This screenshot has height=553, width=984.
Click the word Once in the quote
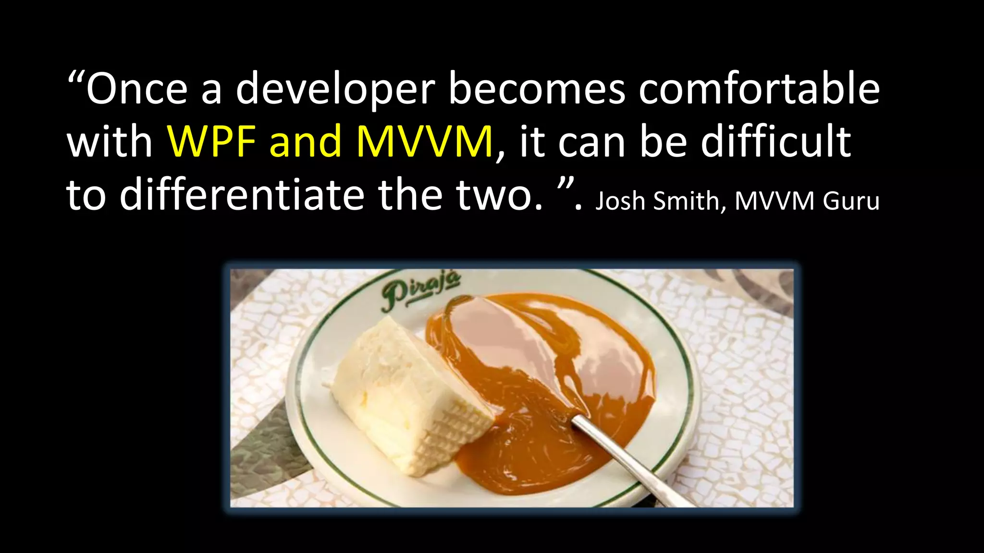(x=137, y=89)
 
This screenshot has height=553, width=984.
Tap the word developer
(x=335, y=89)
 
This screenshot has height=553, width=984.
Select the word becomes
(x=537, y=89)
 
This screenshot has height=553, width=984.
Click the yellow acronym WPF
(x=211, y=142)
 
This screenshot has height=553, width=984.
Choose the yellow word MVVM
(x=425, y=142)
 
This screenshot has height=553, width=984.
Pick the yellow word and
(x=306, y=142)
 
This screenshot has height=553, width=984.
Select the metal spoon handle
(x=625, y=461)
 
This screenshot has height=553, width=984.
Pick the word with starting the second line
(x=110, y=142)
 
